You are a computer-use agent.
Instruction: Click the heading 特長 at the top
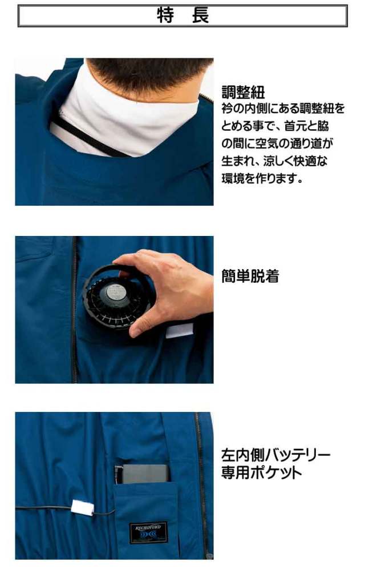tap(182, 15)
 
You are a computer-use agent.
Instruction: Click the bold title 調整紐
tap(243, 92)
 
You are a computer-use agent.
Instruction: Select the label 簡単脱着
tap(250, 277)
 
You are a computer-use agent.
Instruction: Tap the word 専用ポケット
tap(261, 472)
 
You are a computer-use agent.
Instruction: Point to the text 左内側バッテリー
tap(276, 455)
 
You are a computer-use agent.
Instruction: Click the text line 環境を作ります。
tap(262, 178)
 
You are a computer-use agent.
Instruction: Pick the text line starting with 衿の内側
tap(283, 109)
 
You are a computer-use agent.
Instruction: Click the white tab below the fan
tap(179, 331)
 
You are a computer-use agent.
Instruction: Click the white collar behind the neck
tap(127, 115)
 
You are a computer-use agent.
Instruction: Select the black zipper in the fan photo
tap(75, 310)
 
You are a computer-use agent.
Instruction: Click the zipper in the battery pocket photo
tap(201, 485)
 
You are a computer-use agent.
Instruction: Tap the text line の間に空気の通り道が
tap(277, 143)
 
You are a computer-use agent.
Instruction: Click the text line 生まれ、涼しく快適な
tap(274, 161)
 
